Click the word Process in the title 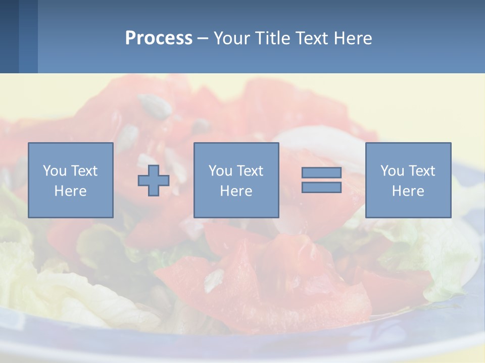click(159, 38)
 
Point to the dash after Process click(203, 38)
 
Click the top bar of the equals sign click(321, 173)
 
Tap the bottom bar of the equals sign click(321, 188)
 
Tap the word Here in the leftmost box click(70, 191)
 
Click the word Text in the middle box click(250, 171)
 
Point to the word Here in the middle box click(236, 191)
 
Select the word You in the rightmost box click(392, 171)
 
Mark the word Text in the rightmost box click(422, 171)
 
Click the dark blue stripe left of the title click(9, 36)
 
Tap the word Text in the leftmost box click(84, 171)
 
